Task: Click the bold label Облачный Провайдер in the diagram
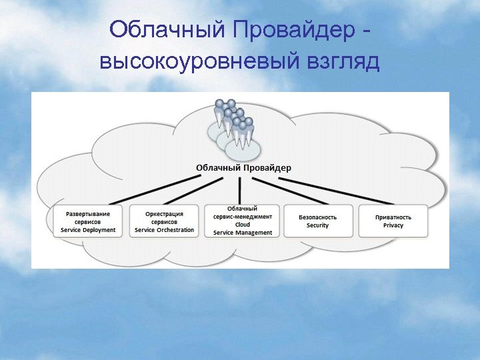coord(243,168)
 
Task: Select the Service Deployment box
coord(88,221)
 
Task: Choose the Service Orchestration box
coord(164,221)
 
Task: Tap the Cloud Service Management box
coord(243,221)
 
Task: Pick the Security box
coord(317,221)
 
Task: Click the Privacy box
coord(393,221)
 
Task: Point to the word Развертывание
coord(88,214)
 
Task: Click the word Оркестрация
coord(164,214)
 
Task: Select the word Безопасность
coord(317,217)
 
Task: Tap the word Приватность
coord(393,217)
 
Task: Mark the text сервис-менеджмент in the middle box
coord(243,217)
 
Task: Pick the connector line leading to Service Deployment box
coord(160,190)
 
